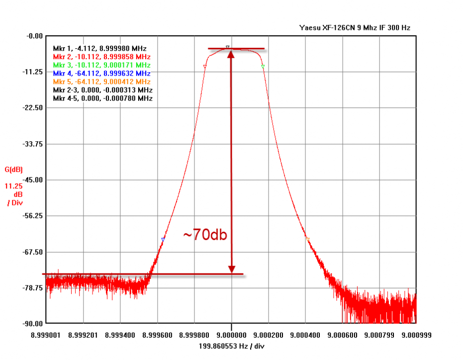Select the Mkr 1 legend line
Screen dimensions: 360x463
click(100, 48)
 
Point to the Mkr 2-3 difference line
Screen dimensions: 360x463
click(102, 90)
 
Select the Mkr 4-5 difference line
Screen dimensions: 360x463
click(102, 98)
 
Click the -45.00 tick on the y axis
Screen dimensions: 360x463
click(33, 180)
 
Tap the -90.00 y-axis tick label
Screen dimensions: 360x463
click(33, 324)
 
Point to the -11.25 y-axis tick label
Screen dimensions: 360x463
click(33, 72)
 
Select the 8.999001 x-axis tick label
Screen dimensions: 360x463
click(45, 335)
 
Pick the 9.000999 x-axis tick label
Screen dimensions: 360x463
click(416, 335)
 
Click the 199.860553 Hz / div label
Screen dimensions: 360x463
click(230, 346)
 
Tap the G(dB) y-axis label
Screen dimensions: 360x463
click(14, 170)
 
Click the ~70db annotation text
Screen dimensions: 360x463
click(205, 235)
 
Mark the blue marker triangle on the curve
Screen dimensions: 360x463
click(163, 240)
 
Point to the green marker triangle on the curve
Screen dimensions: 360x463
click(263, 66)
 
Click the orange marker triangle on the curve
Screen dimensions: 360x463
click(307, 239)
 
